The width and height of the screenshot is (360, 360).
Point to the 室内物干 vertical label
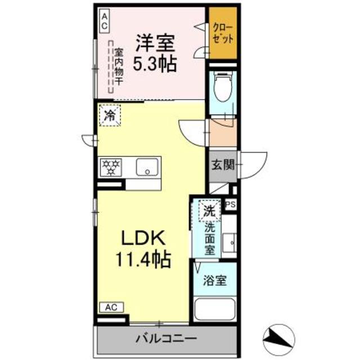[x=119, y=66]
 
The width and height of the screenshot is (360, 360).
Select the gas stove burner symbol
[x=111, y=166]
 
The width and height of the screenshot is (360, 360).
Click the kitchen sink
[x=147, y=166]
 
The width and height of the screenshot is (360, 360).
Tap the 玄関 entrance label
[x=222, y=165]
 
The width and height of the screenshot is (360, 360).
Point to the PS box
[x=231, y=205]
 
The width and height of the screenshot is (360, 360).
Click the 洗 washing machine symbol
[x=209, y=212]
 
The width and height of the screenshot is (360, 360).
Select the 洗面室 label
[x=209, y=239]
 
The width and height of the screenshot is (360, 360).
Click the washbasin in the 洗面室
[x=229, y=242]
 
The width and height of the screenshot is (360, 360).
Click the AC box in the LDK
[x=111, y=307]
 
